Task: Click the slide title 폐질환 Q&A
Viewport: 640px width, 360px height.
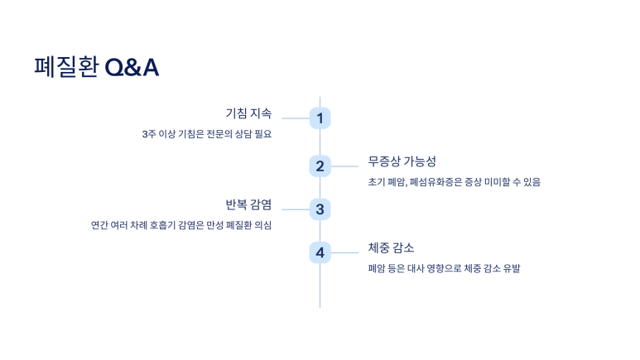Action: point(96,68)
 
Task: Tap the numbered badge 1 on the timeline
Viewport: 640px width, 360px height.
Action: point(320,118)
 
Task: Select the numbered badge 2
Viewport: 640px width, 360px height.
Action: point(320,166)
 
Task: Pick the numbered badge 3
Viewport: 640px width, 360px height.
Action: point(320,209)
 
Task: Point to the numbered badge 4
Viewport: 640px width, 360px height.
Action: point(320,252)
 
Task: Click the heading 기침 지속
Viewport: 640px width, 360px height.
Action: point(248,113)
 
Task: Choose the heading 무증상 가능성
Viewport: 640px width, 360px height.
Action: point(402,161)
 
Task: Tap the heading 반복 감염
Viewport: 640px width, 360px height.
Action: point(248,204)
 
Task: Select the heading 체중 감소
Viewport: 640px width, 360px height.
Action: point(391,247)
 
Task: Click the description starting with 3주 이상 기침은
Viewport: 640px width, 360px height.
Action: point(207,134)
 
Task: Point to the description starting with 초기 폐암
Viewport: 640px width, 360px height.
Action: point(454,181)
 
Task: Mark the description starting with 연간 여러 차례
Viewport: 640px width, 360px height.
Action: point(181,225)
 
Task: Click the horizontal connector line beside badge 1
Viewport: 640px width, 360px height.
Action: point(295,118)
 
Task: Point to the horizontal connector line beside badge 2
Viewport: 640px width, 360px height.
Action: point(344,166)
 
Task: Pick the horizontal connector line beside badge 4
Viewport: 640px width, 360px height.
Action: point(344,252)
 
